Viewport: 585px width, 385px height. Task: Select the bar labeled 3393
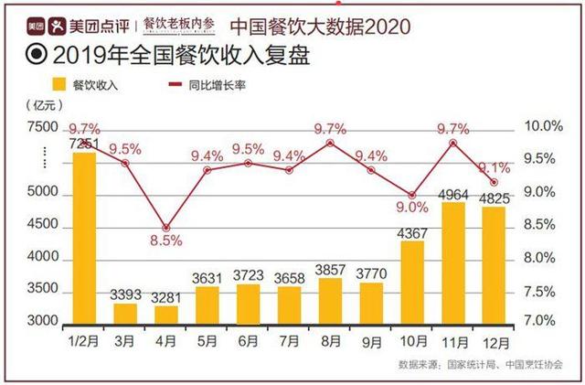(125, 314)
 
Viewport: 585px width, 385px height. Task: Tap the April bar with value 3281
(165, 315)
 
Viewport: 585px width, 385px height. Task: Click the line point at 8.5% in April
(165, 228)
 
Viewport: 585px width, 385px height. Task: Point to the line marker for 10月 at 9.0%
(412, 196)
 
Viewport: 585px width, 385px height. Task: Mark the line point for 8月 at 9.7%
(330, 143)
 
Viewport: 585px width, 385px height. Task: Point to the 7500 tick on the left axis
(42, 126)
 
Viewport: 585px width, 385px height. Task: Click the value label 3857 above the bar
(330, 269)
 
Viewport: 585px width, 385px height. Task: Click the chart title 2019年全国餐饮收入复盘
(169, 56)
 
